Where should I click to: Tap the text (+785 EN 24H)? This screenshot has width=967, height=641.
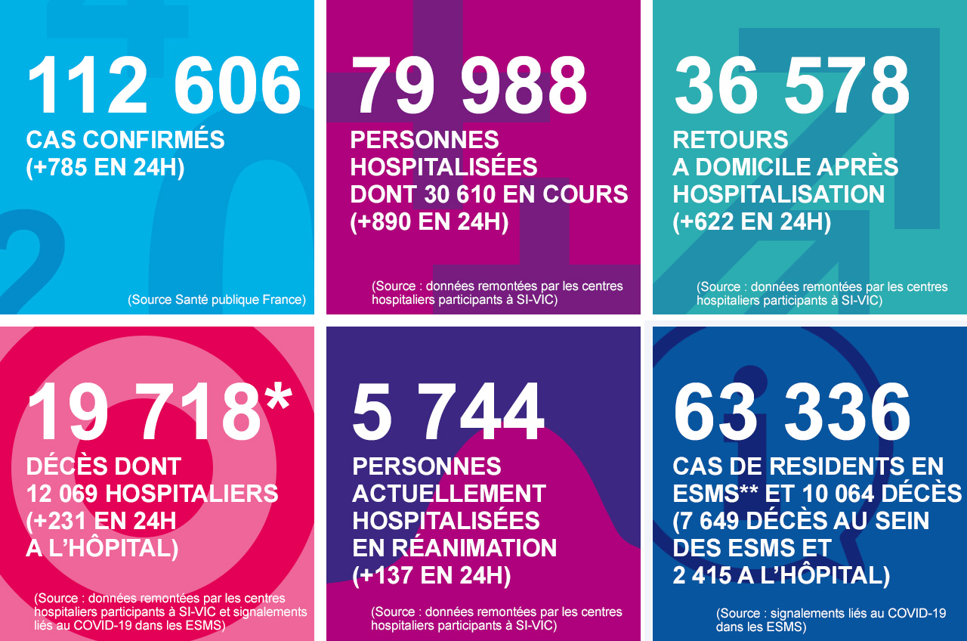pos(105,167)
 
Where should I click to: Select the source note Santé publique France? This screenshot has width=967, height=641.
pos(217,300)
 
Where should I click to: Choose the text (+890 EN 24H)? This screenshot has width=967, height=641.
pos(429,222)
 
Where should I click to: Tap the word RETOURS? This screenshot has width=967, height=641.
pos(731,140)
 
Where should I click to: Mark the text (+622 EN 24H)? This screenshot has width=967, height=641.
pos(752,222)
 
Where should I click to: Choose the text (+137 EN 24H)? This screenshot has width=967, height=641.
pos(431,576)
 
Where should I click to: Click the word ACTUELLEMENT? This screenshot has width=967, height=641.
pos(449,494)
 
